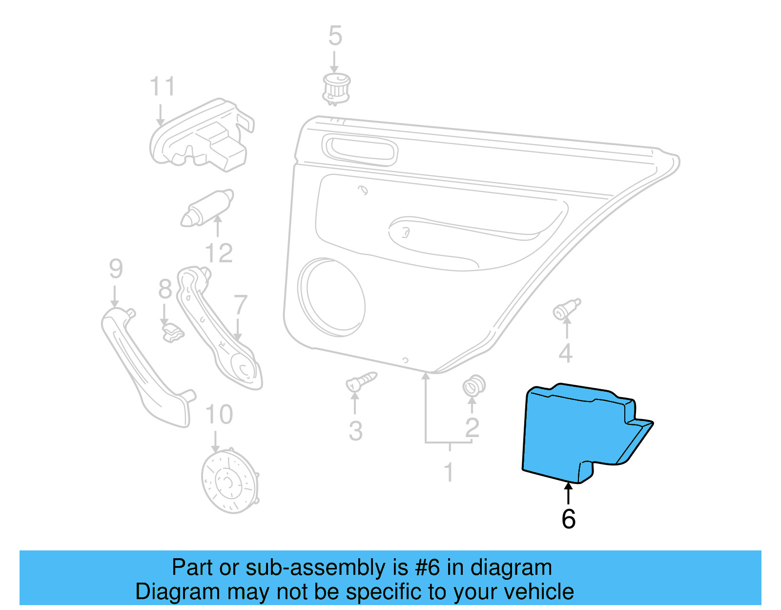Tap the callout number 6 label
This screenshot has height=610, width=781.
tap(568, 519)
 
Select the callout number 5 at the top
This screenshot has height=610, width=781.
tap(335, 36)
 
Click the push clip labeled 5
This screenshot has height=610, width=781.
tap(336, 88)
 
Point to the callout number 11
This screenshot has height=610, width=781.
tap(162, 87)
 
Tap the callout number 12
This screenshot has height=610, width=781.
tap(219, 253)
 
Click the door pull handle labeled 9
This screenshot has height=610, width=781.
tap(144, 366)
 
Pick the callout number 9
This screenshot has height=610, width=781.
tap(116, 269)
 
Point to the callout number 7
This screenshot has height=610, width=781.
tap(240, 305)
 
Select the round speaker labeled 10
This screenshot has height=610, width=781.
tap(229, 481)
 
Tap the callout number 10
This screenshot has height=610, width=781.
tap(219, 415)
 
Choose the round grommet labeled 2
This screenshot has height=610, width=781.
tap(473, 386)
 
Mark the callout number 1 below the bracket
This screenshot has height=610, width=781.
tap(449, 473)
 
